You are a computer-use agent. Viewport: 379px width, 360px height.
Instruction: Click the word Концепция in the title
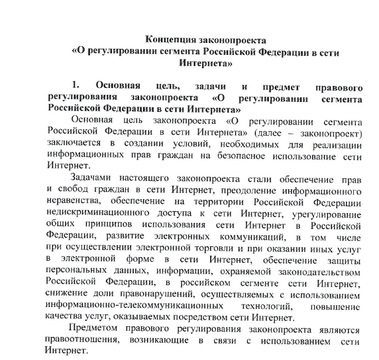(172, 38)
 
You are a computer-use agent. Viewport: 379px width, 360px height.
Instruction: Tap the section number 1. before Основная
(75, 86)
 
